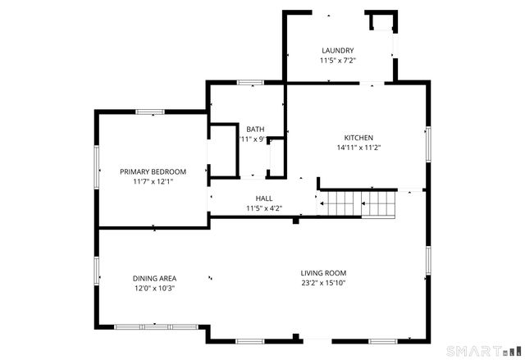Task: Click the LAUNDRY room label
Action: click(x=337, y=50)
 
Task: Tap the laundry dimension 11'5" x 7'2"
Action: click(x=337, y=61)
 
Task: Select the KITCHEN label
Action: click(x=358, y=138)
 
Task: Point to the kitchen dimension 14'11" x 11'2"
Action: click(x=358, y=148)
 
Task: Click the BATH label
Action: click(x=255, y=129)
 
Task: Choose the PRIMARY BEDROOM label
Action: click(x=153, y=171)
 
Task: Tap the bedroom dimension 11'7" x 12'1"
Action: click(x=153, y=182)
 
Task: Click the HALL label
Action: click(x=264, y=198)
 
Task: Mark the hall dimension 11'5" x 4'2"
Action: click(x=264, y=209)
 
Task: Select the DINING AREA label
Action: click(x=154, y=278)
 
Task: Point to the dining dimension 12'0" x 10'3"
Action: click(x=154, y=289)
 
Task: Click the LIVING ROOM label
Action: click(x=323, y=273)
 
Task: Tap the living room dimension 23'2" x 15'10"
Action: click(x=323, y=284)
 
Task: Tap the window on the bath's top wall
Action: click(x=250, y=82)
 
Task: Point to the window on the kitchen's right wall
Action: click(x=427, y=142)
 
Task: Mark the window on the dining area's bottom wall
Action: click(x=156, y=327)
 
